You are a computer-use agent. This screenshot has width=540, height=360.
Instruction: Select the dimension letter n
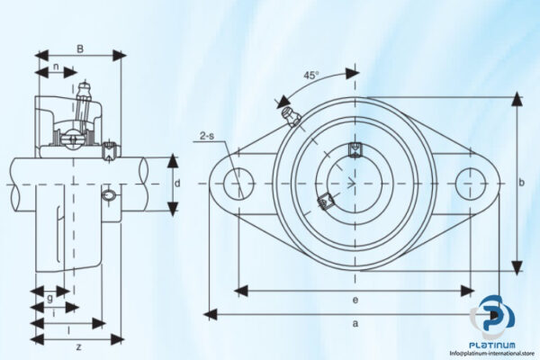click(x=56, y=67)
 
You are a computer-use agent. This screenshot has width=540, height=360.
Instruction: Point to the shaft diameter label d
click(x=177, y=184)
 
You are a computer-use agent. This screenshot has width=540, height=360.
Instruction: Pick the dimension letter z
click(x=79, y=346)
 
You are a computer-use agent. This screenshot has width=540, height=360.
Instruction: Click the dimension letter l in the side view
click(x=69, y=330)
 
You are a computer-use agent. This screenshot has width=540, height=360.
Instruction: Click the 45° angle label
click(x=310, y=76)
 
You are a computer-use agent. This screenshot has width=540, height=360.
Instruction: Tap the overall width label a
click(x=355, y=322)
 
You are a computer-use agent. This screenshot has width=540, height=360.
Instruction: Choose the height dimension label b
click(x=523, y=184)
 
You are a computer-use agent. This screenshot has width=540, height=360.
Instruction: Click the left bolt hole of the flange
click(x=237, y=184)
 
